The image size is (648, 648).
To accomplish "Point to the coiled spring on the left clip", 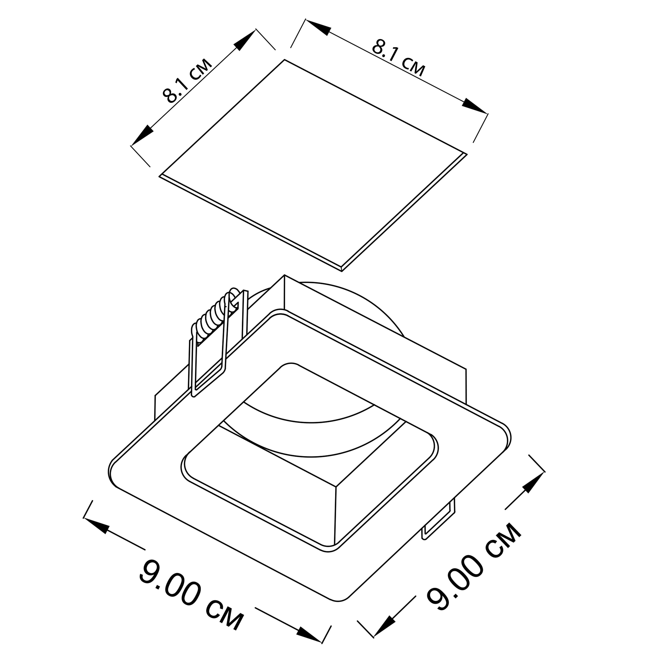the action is (x=215, y=315).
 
